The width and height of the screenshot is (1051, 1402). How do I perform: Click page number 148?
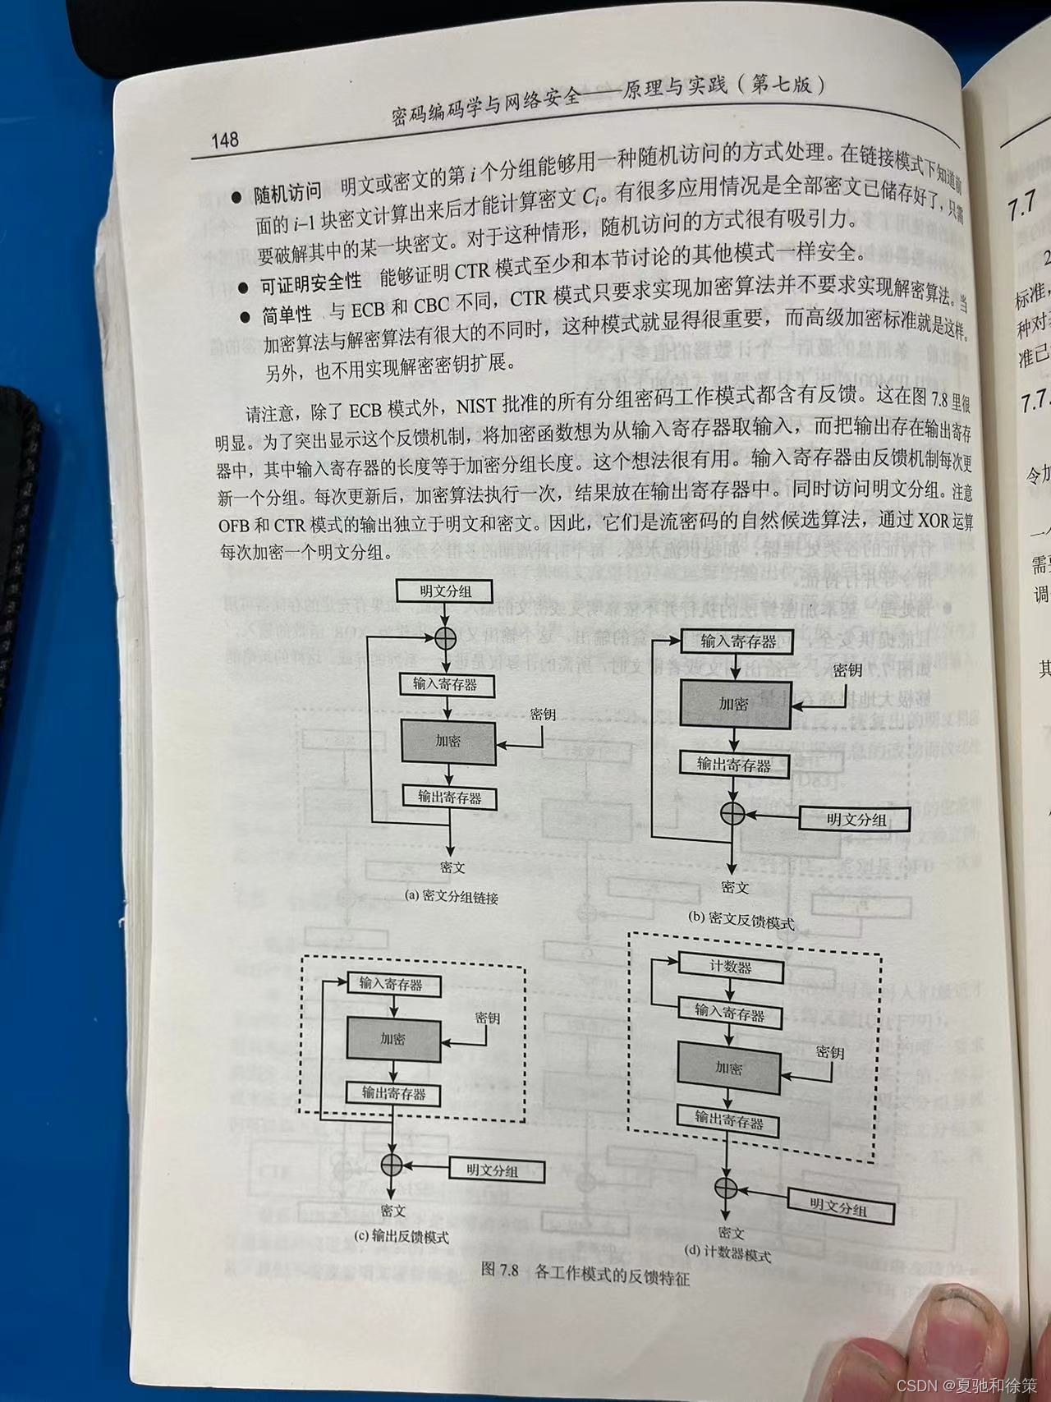(224, 140)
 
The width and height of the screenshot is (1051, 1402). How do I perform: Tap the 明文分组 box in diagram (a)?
(444, 591)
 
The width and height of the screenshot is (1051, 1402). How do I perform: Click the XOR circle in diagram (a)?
(445, 637)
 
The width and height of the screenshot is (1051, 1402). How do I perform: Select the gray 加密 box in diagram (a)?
(448, 741)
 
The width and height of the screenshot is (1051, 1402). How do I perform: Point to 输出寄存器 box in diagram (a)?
(449, 796)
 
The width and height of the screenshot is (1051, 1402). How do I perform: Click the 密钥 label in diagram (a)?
(543, 714)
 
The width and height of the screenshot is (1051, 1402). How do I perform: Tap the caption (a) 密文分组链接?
(452, 897)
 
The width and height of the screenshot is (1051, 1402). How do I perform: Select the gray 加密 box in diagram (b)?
(734, 704)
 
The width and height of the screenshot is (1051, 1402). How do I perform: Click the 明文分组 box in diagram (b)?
(856, 819)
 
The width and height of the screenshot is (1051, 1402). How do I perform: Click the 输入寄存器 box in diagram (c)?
(391, 983)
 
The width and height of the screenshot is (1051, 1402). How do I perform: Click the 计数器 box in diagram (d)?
(730, 967)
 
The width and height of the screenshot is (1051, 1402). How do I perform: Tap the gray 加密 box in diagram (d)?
(728, 1069)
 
